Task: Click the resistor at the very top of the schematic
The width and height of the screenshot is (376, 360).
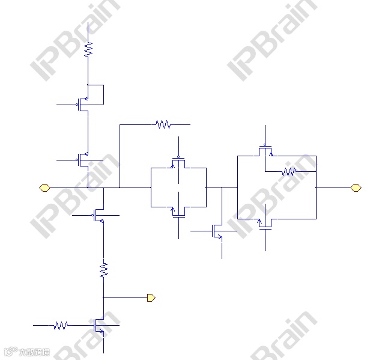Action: [88, 49]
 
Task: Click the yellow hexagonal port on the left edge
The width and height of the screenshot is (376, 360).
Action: [44, 188]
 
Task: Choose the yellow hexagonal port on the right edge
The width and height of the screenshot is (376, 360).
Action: [356, 188]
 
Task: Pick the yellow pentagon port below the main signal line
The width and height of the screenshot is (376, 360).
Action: [151, 297]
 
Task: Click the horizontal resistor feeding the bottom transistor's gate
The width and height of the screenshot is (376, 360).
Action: [60, 325]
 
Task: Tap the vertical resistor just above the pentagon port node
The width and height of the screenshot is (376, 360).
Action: [103, 269]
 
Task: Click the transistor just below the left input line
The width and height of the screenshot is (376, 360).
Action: [99, 215]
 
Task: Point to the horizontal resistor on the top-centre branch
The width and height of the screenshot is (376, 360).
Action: [162, 124]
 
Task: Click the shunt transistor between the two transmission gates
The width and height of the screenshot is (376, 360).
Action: [218, 231]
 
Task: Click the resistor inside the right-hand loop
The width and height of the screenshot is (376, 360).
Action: [289, 171]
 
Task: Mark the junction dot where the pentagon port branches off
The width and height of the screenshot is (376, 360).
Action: [103, 297]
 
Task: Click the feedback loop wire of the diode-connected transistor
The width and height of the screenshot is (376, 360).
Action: [103, 93]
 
